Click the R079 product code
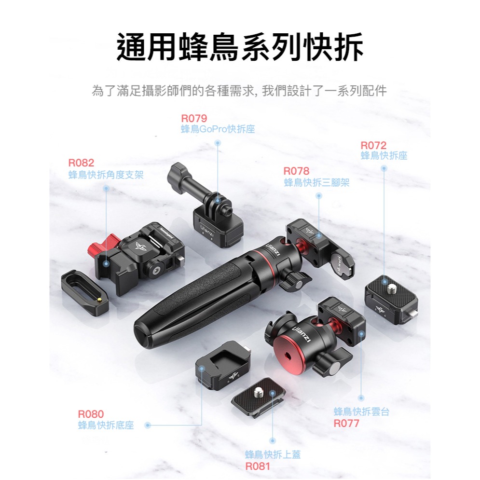(x=194, y=118)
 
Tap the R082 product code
(x=81, y=163)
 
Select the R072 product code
(x=373, y=145)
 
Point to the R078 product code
(x=296, y=171)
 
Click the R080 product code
(x=91, y=414)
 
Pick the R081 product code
(x=258, y=466)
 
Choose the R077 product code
(x=346, y=424)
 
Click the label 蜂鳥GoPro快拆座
(x=218, y=129)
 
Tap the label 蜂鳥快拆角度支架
(x=106, y=175)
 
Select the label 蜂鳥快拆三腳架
(x=317, y=182)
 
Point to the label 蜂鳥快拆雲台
(x=361, y=411)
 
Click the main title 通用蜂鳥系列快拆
(x=240, y=47)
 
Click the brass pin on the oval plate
(x=99, y=301)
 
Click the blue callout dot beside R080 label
(x=148, y=425)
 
